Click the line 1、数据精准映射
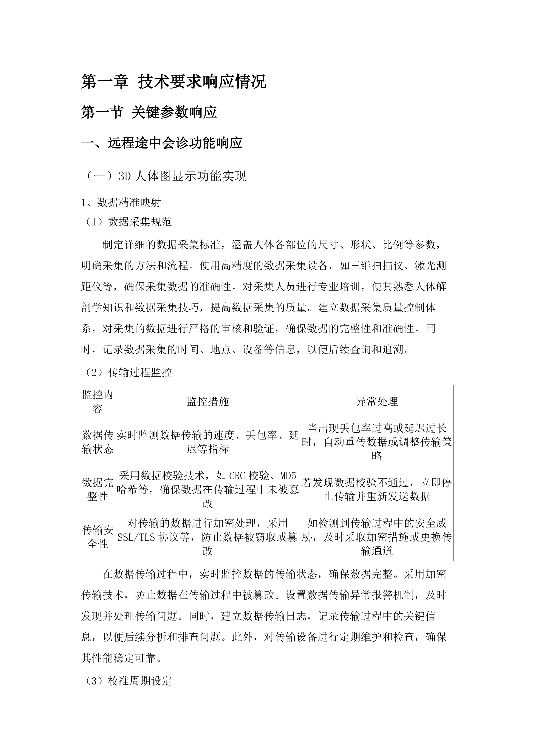(121, 203)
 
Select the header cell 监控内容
(98, 402)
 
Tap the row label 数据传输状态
(98, 442)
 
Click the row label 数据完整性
(98, 489)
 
